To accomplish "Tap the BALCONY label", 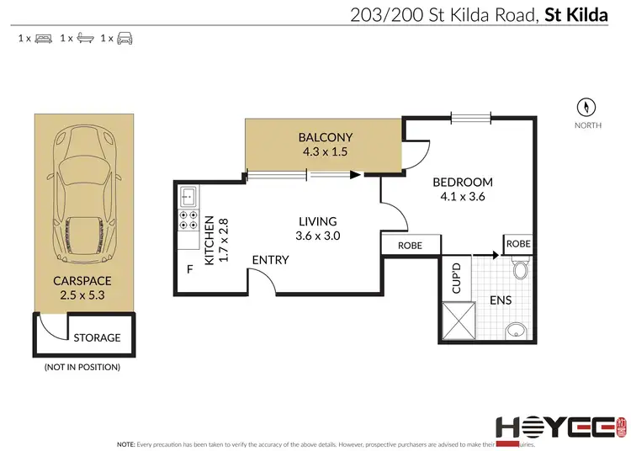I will tap(326, 137).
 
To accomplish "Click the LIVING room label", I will tap(316, 220).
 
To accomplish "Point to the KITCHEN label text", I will tap(209, 239).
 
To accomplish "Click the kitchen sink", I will tap(187, 197).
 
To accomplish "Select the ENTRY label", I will tap(270, 260).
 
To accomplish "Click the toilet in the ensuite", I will tap(519, 268).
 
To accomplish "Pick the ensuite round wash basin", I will tap(514, 330).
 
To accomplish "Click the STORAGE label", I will tap(98, 338).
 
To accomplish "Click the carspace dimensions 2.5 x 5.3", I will tap(83, 294).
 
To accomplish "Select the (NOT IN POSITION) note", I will tap(82, 368).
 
